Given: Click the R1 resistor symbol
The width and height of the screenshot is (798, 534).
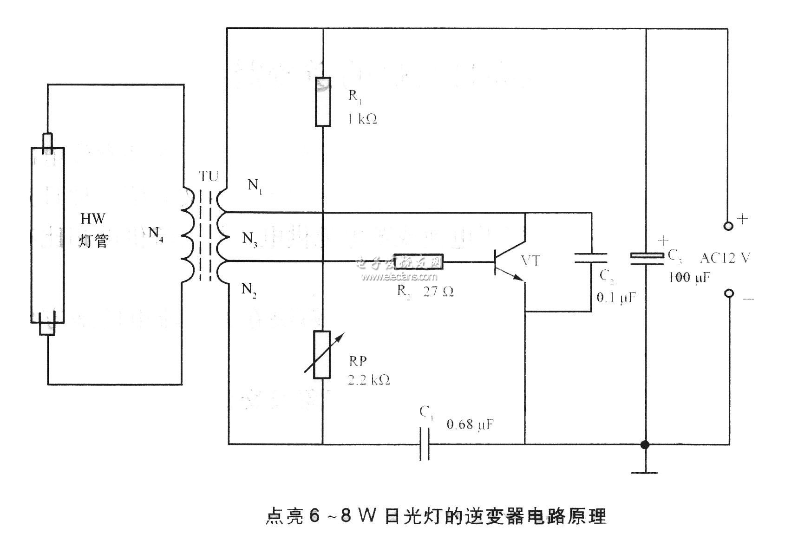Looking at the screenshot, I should (323, 102).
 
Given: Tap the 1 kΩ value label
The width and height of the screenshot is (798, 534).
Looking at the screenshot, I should (362, 119).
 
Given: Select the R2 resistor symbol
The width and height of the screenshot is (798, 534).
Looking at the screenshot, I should (418, 261).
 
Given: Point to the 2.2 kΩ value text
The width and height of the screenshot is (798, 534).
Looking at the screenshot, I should (369, 380).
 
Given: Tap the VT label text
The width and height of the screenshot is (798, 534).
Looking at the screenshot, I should (531, 260).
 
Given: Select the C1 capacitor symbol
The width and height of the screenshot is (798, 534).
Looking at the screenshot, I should (425, 444).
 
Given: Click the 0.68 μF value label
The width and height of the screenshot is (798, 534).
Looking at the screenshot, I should (470, 424).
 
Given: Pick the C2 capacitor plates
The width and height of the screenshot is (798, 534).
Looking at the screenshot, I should (591, 258).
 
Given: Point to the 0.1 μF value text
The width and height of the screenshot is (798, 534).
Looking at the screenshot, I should (616, 297).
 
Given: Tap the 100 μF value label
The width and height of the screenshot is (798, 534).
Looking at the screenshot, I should (689, 278).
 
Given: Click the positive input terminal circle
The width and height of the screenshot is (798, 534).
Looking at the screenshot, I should (728, 226).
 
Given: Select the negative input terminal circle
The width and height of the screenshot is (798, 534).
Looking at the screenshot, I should (729, 293).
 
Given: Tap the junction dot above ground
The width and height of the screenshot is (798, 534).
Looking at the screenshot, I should (645, 444).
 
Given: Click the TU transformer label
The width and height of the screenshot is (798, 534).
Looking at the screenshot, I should (209, 176).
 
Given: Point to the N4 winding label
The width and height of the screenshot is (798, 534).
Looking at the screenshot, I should (156, 232).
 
